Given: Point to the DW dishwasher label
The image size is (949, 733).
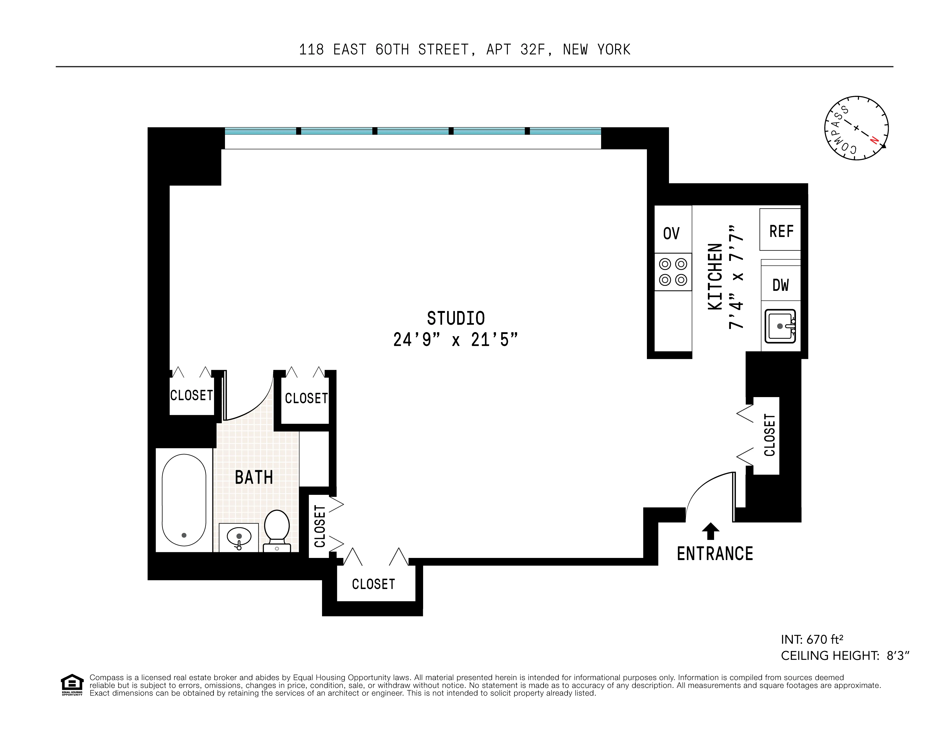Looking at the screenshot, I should click(x=781, y=285).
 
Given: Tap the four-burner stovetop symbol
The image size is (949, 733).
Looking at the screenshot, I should click(x=673, y=272).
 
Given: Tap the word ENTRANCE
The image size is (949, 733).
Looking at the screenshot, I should click(x=715, y=554).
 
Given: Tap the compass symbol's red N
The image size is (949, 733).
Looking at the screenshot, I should click(x=874, y=140).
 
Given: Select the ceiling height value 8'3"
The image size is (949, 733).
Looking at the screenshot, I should click(x=898, y=656).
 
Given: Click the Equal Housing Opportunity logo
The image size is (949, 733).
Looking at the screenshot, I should click(x=72, y=685).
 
